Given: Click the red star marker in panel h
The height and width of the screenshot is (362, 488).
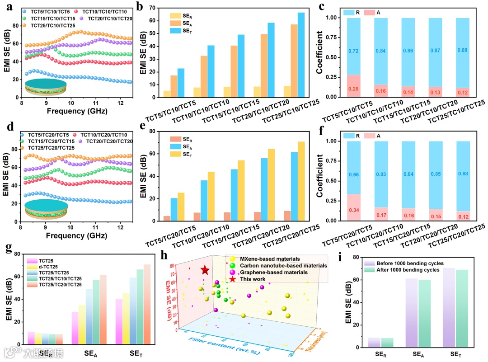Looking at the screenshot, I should pos(205,270).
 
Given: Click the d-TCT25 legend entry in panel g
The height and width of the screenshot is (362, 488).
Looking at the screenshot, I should pos(46,268).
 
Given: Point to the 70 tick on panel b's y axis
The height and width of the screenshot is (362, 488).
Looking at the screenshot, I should pos(153,8).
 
